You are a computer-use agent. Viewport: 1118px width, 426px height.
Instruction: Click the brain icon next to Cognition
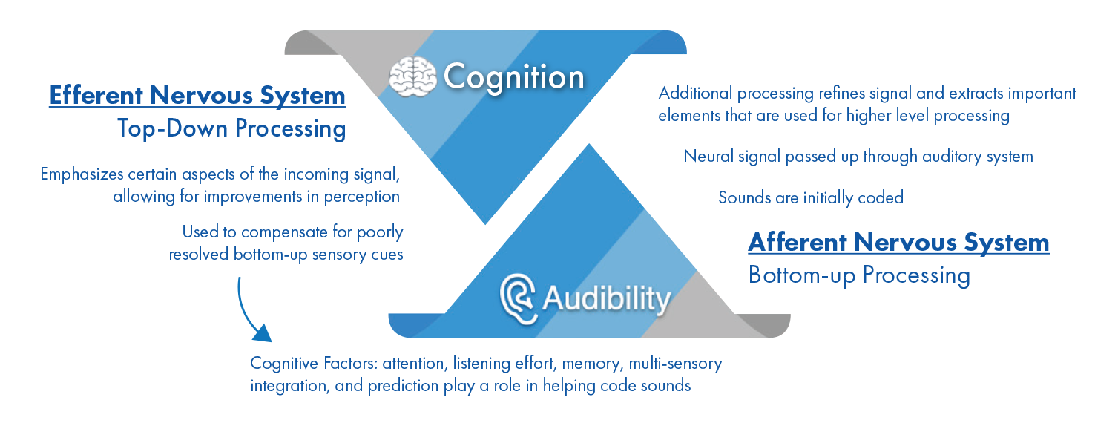click(412, 77)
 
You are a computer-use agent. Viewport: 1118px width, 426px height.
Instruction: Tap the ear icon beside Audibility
click(518, 298)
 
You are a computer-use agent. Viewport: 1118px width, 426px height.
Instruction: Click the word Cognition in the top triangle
click(513, 77)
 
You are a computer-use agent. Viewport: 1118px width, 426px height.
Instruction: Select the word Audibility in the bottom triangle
click(606, 299)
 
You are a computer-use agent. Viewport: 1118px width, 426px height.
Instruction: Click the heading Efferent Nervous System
click(197, 95)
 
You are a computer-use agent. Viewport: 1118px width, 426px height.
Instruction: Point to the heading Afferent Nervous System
click(898, 242)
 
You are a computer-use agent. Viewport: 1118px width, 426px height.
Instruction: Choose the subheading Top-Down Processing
click(231, 128)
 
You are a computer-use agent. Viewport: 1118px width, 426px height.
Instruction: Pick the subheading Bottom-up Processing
click(859, 275)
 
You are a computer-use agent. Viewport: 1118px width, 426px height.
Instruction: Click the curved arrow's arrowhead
click(263, 332)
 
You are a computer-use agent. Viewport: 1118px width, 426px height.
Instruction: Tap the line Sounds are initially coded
click(811, 197)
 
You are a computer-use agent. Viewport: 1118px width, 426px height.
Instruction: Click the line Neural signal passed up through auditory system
click(858, 157)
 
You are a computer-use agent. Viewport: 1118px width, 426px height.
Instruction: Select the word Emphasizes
click(82, 174)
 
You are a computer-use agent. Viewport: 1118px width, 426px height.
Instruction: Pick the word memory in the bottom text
click(593, 364)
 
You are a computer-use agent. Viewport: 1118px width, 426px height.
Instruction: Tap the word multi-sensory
click(675, 364)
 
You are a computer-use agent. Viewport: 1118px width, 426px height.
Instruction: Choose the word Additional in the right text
click(695, 94)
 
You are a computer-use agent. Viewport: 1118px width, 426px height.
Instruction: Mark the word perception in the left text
click(362, 197)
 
